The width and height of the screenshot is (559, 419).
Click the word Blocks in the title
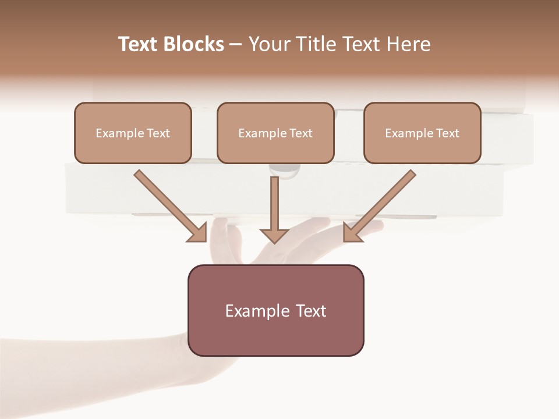coord(193,44)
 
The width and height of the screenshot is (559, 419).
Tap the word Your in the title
coord(269,44)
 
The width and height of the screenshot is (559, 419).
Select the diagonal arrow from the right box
coord(384,201)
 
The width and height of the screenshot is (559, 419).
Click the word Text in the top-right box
coord(448,133)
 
